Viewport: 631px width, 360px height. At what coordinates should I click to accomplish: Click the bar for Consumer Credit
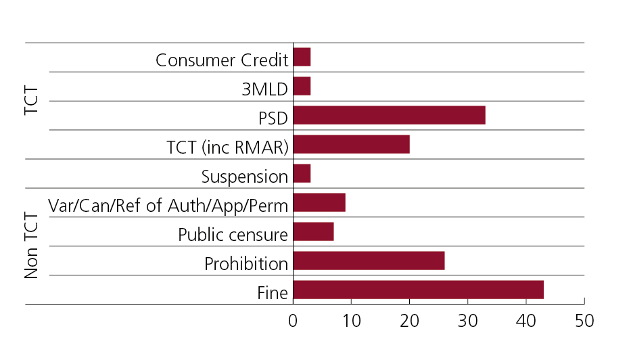[x=302, y=58]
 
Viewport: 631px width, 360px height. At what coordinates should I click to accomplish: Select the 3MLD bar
[x=302, y=87]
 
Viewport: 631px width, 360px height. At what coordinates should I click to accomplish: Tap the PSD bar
[x=389, y=116]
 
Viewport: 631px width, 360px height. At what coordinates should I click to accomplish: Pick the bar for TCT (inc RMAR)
[x=351, y=145]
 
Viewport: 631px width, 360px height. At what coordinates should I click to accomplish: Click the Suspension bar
[x=302, y=174]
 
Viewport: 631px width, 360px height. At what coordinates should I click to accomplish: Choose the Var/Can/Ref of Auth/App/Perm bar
[x=319, y=202]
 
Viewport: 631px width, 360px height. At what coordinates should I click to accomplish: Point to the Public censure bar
[x=313, y=231]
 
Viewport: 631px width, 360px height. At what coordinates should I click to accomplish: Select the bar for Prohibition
[x=369, y=261]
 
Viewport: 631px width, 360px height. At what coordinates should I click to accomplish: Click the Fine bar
[x=418, y=290]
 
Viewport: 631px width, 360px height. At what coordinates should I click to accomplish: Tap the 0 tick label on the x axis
[x=293, y=321]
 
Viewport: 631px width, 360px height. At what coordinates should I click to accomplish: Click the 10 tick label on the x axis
[x=351, y=321]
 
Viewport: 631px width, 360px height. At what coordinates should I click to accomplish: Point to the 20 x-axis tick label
[x=409, y=321]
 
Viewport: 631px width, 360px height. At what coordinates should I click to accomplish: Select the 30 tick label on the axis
[x=467, y=321]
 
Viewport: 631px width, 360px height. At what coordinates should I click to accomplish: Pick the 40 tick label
[x=525, y=321]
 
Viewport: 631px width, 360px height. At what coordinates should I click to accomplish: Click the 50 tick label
[x=584, y=321]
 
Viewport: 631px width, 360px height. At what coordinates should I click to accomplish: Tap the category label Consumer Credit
[x=222, y=60]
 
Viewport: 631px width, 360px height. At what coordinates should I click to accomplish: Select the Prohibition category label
[x=246, y=264]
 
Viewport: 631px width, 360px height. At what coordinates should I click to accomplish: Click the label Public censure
[x=233, y=235]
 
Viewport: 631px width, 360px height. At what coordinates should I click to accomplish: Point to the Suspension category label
[x=245, y=177]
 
